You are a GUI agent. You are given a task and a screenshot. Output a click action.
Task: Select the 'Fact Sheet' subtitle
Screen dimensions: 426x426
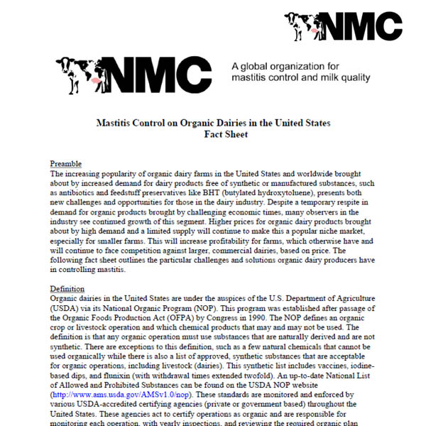213,134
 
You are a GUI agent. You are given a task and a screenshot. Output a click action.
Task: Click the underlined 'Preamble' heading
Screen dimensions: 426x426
66,164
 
